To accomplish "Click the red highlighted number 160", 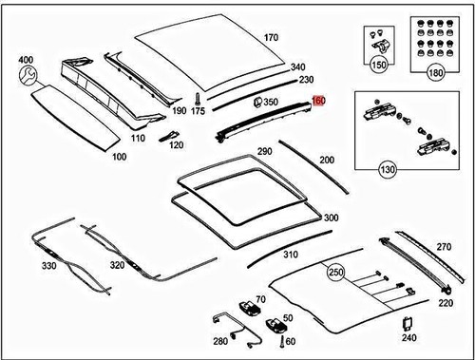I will [318, 100].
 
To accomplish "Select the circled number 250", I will [335, 272].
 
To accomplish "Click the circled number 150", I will [380, 66].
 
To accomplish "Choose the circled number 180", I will [436, 72].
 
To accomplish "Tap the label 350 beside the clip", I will [271, 102].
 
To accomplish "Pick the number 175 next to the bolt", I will [198, 111].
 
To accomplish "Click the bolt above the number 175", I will [197, 98].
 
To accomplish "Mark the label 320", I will [116, 265].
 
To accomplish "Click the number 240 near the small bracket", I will [408, 336].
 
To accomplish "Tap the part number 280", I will [219, 339].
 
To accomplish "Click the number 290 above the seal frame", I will [263, 152].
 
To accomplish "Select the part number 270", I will [444, 247].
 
